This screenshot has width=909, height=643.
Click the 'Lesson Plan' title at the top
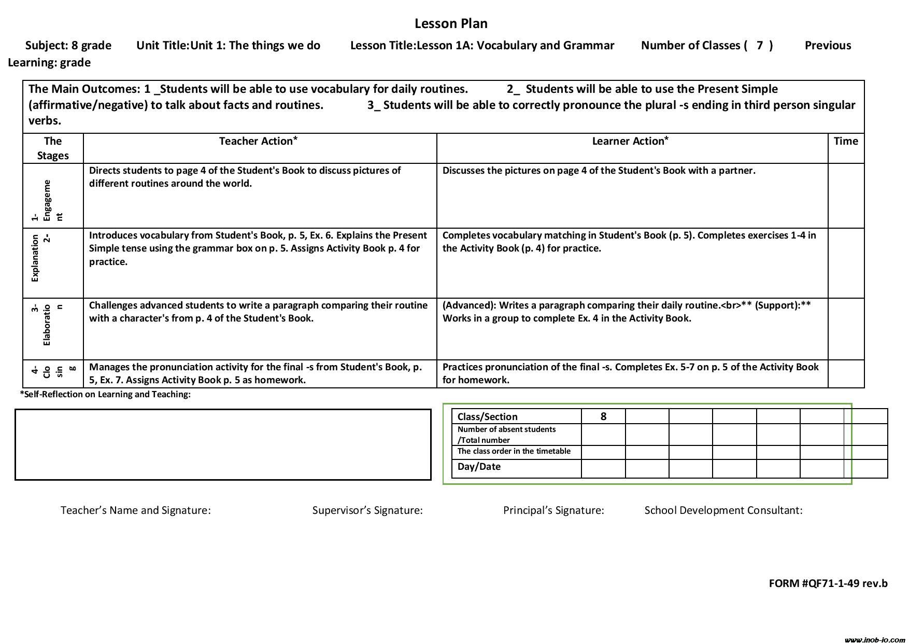(x=451, y=23)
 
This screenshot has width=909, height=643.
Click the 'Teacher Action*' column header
(x=258, y=141)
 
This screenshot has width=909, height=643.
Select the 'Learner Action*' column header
(x=630, y=141)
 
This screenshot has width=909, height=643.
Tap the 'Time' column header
(x=846, y=141)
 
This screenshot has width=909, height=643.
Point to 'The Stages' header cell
(x=53, y=148)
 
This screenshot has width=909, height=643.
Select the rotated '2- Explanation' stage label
(x=40, y=258)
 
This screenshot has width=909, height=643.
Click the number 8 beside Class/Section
(x=603, y=416)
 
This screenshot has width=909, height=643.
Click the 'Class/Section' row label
(x=487, y=416)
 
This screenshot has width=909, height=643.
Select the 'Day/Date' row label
(x=479, y=466)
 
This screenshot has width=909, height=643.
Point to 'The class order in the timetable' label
(x=514, y=451)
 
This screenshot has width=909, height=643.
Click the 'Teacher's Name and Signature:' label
(x=136, y=510)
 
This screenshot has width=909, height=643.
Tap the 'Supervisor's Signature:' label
(x=367, y=510)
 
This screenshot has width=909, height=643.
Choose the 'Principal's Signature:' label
(x=553, y=510)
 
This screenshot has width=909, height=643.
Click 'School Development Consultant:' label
(x=723, y=510)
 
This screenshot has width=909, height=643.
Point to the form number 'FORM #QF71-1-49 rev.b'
(x=828, y=583)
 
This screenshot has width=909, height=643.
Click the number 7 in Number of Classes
(x=759, y=46)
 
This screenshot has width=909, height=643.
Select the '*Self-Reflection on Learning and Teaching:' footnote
(x=105, y=394)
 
